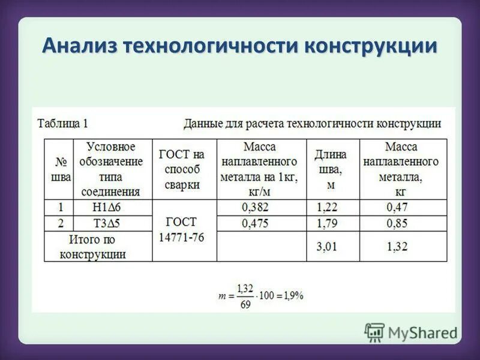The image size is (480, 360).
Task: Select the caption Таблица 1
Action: pos(62,124)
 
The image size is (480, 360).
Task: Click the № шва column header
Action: pos(59,169)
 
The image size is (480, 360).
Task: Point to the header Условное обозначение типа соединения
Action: pos(112,169)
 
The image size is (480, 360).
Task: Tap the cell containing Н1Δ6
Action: pos(112,208)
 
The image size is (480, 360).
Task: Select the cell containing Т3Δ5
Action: pos(112,223)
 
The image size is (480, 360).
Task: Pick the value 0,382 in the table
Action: pos(255,208)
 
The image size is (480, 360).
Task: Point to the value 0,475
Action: pos(255,223)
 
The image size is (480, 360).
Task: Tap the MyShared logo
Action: pos(410,332)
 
